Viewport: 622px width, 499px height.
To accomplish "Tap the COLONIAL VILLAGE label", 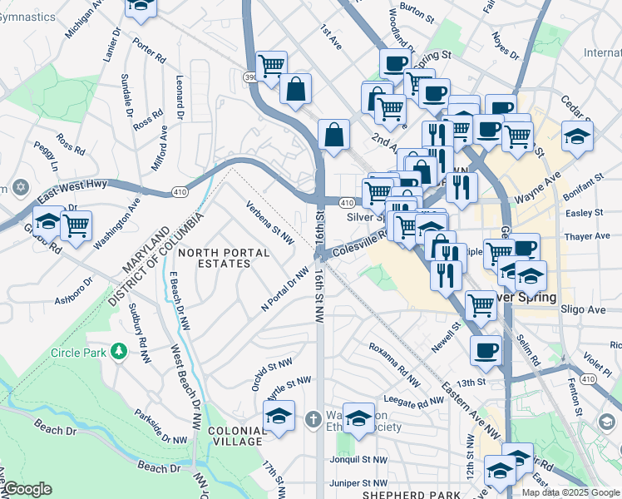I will (x=236, y=436).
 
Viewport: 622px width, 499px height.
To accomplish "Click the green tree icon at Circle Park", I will (x=119, y=352).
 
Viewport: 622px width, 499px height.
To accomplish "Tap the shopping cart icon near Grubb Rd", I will (x=76, y=225).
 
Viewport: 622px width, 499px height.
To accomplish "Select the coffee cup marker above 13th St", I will (x=486, y=351).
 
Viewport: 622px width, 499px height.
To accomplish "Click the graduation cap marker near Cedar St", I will (x=577, y=136).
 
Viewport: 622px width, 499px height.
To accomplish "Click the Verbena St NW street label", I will (x=270, y=221).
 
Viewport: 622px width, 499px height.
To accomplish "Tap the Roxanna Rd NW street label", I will (x=392, y=358).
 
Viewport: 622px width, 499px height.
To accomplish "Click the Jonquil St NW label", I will (x=358, y=459).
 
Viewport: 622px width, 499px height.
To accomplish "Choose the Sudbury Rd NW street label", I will (x=140, y=333).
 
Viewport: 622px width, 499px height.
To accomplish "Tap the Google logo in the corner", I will (x=27, y=489).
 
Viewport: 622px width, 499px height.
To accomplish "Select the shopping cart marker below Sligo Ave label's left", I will (x=481, y=305).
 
